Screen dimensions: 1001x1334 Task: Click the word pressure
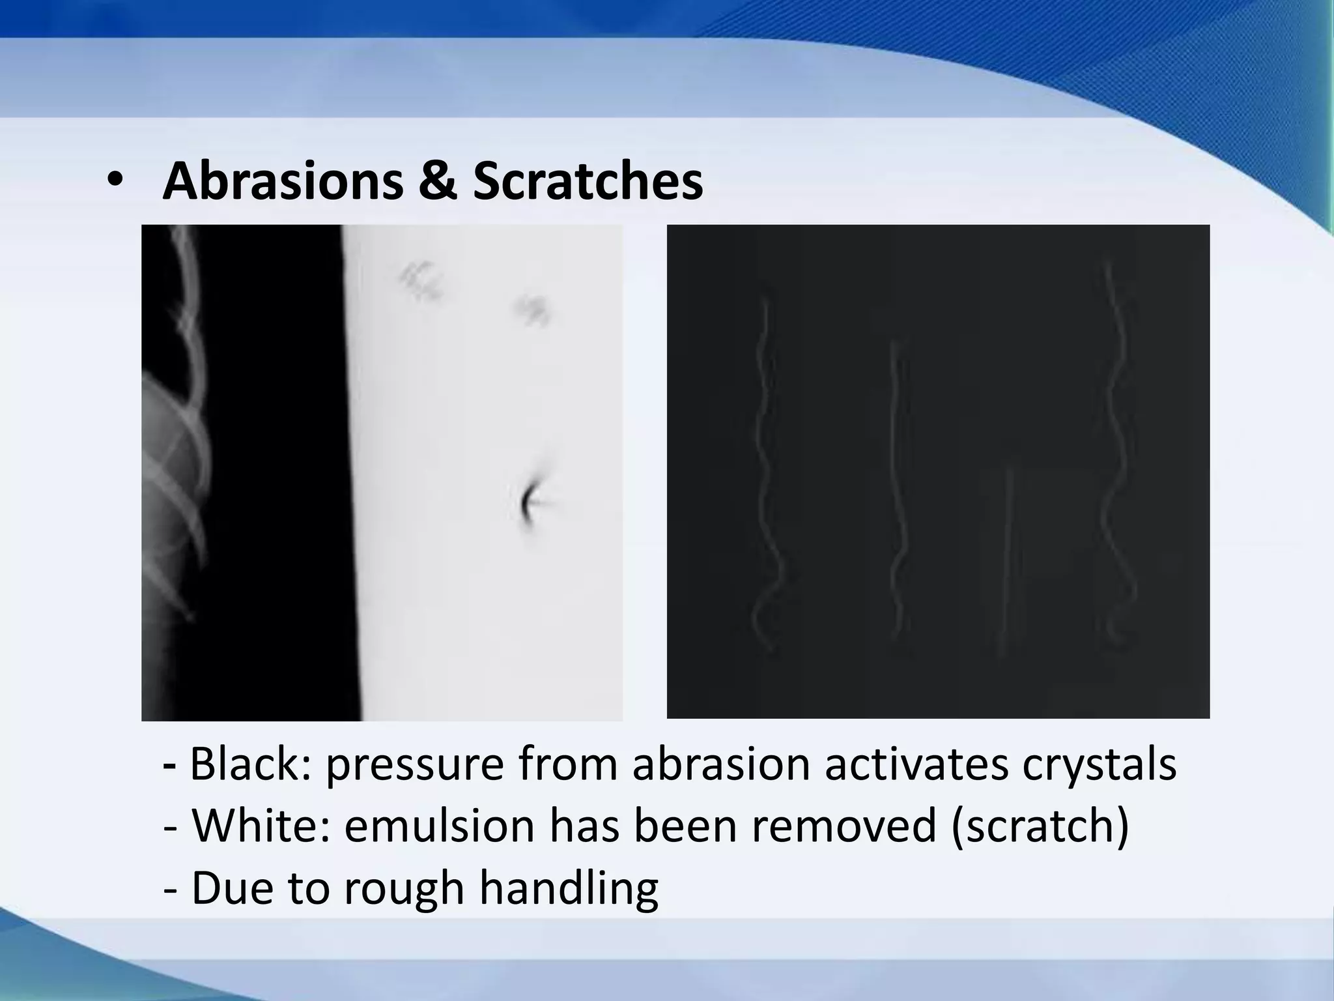click(x=414, y=766)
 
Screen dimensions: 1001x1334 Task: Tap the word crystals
click(x=1099, y=766)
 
